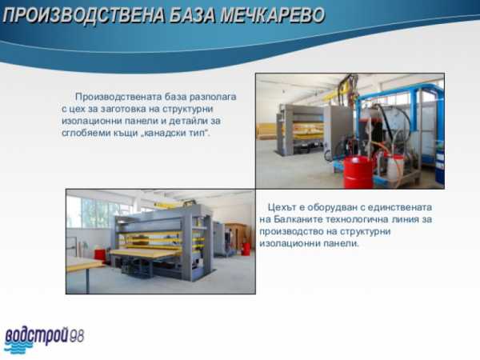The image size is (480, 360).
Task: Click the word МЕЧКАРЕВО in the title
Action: tap(273, 15)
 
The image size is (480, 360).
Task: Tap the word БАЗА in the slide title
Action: tap(193, 15)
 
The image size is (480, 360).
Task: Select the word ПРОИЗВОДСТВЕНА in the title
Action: tap(84, 15)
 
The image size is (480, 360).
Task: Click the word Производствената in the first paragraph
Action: tap(118, 97)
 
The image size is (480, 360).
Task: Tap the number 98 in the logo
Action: tap(77, 336)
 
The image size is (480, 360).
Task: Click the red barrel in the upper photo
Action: tap(358, 171)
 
